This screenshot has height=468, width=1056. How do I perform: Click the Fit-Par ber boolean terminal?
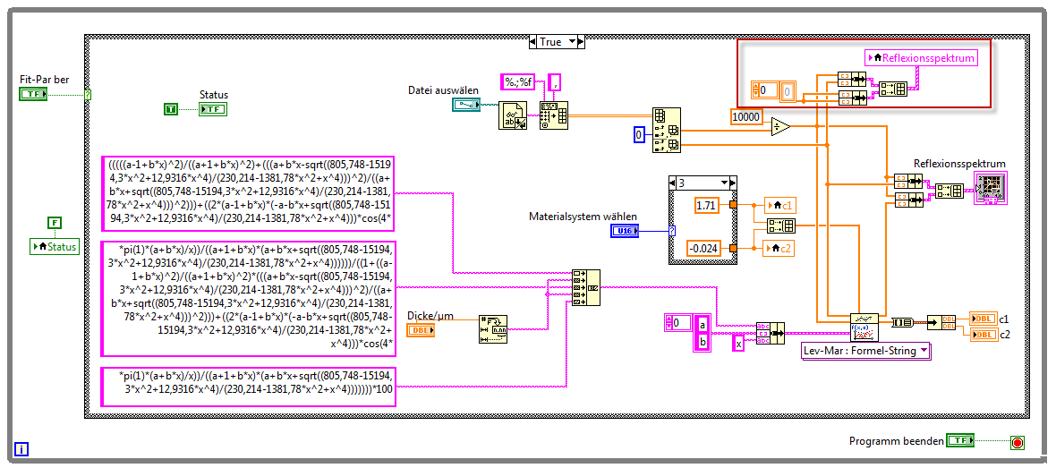coord(33,94)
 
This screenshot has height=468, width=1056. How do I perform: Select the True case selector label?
coord(550,41)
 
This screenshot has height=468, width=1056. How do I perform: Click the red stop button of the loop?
coord(1018,442)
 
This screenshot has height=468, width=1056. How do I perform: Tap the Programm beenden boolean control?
coord(960,441)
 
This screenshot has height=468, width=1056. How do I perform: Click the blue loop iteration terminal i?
coord(22,449)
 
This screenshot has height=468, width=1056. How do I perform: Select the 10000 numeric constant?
coord(746,117)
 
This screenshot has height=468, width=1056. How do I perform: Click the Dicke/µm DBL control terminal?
coord(421,330)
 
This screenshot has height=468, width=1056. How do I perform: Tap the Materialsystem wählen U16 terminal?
coord(626,231)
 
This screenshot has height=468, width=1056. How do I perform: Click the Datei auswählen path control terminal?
coord(465,105)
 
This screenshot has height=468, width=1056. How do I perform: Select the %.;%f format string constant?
coord(517,82)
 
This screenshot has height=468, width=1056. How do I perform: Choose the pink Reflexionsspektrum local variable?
coord(921,58)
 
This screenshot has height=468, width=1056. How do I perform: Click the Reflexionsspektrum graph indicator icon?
coord(991,190)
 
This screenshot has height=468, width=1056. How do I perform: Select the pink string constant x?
coord(738,343)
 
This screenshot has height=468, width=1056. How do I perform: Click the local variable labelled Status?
coord(55,246)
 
